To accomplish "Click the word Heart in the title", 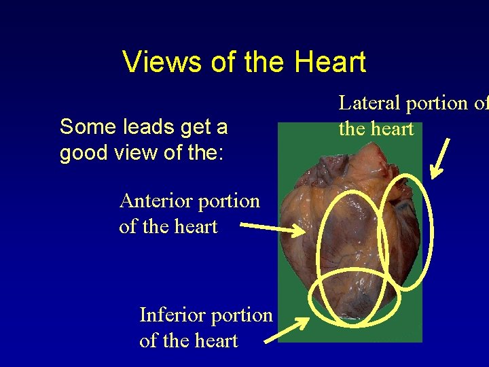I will (330, 62).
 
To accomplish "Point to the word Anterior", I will (153, 201).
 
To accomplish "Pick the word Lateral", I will (370, 103).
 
